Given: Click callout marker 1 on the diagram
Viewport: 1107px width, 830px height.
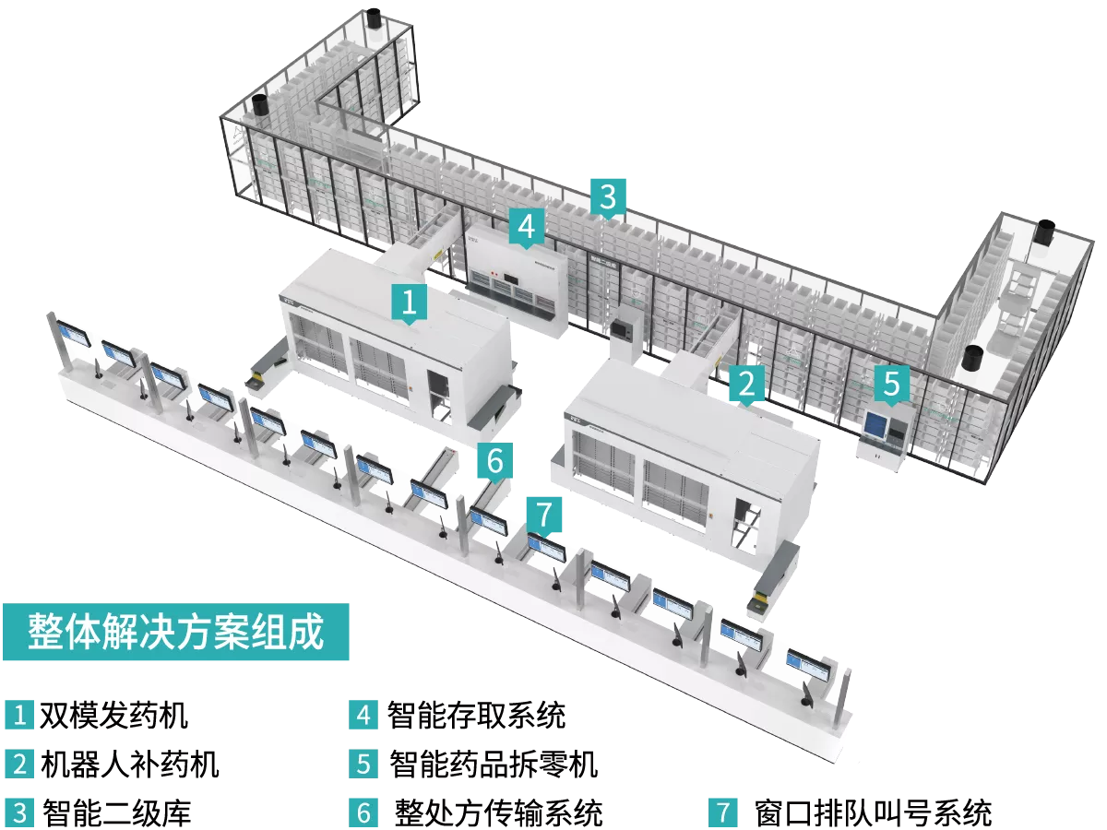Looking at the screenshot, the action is (410, 302).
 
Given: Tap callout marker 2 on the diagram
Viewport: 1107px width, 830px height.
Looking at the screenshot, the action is (747, 384).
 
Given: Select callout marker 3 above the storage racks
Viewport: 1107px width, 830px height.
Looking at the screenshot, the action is (608, 197).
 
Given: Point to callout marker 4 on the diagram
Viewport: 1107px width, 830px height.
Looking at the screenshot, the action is (527, 228).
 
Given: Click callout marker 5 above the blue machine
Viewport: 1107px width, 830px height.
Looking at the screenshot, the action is (892, 384).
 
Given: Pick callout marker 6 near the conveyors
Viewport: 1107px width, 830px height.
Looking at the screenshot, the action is (495, 461).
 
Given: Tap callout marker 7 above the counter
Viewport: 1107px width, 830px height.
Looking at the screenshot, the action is (544, 515).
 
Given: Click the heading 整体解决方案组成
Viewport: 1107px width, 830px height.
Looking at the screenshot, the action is (175, 632).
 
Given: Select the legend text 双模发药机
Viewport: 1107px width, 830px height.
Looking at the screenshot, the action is (114, 715).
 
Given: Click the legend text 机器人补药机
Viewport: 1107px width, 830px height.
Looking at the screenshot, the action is (130, 764).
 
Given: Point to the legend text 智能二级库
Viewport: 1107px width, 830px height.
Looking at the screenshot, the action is (116, 812).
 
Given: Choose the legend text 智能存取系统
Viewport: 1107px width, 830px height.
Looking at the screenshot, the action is (476, 715).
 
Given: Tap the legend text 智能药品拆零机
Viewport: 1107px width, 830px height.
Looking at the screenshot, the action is (494, 764).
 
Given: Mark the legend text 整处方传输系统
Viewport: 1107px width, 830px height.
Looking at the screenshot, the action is (498, 812).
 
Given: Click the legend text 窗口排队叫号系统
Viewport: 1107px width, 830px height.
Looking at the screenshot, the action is (873, 812).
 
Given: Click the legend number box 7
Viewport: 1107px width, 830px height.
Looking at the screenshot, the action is (722, 812).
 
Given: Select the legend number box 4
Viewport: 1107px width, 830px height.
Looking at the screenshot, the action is (363, 715).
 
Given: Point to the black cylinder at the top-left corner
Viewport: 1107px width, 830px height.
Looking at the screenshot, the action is (374, 18).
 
